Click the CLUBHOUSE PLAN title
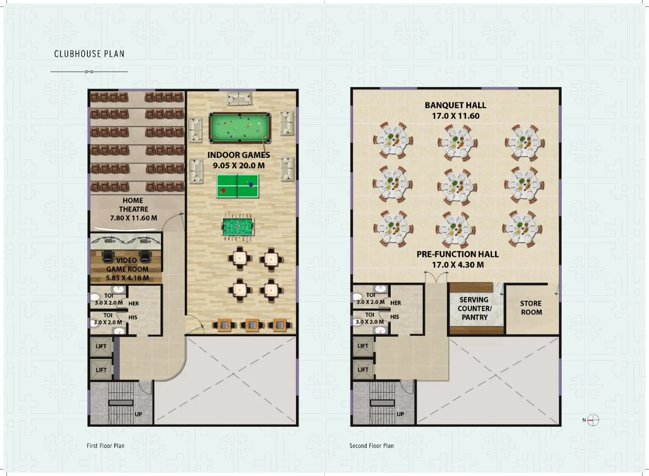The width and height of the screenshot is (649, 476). point(89,54)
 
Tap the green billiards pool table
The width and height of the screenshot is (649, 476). point(240,128)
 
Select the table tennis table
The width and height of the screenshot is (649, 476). point(238,186)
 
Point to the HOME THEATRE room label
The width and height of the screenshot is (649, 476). point(133,209)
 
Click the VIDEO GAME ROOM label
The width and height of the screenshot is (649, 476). point(127,269)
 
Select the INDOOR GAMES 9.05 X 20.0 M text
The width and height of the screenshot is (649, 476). point(239,160)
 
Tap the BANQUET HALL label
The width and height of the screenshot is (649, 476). point(456,110)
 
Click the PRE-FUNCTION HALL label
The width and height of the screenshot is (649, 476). point(458,259)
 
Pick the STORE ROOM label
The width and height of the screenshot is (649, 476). point(531,308)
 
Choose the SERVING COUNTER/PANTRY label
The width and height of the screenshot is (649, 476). point(474,309)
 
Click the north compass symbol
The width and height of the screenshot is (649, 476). point(593,420)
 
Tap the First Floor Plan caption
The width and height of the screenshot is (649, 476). point(106,446)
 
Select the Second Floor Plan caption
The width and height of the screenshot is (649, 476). point(371,446)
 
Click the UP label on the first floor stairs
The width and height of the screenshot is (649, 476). point(138,414)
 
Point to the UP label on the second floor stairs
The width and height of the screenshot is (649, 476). point(400,414)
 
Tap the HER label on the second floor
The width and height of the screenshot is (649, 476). point(395,303)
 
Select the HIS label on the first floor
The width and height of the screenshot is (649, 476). point(133,317)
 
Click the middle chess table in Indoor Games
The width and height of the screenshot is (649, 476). point(251,325)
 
